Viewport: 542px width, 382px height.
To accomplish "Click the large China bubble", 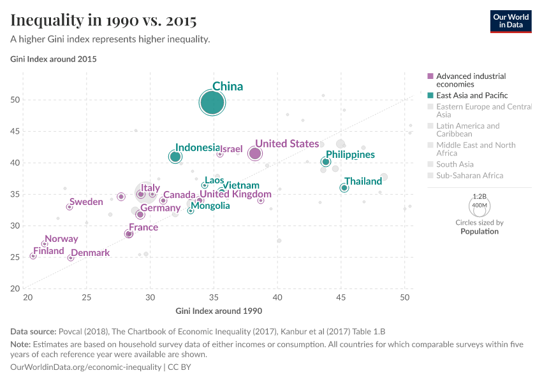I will (x=212, y=103).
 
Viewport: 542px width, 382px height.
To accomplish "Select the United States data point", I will (x=255, y=153).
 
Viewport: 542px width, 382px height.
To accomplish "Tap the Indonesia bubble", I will (x=175, y=157).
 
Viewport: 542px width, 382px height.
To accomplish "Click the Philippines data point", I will (x=326, y=162).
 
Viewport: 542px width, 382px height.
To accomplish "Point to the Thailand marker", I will (x=344, y=188).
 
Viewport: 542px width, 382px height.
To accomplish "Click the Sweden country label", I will (x=86, y=202).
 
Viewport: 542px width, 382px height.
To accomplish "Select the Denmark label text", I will (x=90, y=253).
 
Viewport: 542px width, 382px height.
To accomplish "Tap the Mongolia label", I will (x=210, y=206).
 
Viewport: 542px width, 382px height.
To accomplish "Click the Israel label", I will (x=231, y=149).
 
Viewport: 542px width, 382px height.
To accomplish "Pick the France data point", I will (x=129, y=234).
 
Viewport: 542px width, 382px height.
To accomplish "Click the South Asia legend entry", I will (x=455, y=164).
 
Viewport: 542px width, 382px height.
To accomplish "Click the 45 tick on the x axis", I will (x=341, y=297).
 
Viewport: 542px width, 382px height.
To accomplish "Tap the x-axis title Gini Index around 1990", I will (x=219, y=311).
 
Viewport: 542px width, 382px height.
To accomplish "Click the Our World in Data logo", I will (x=511, y=21).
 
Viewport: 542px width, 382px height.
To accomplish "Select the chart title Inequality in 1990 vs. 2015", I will (x=103, y=20).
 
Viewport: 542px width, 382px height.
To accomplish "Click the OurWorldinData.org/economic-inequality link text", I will (x=86, y=367).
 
